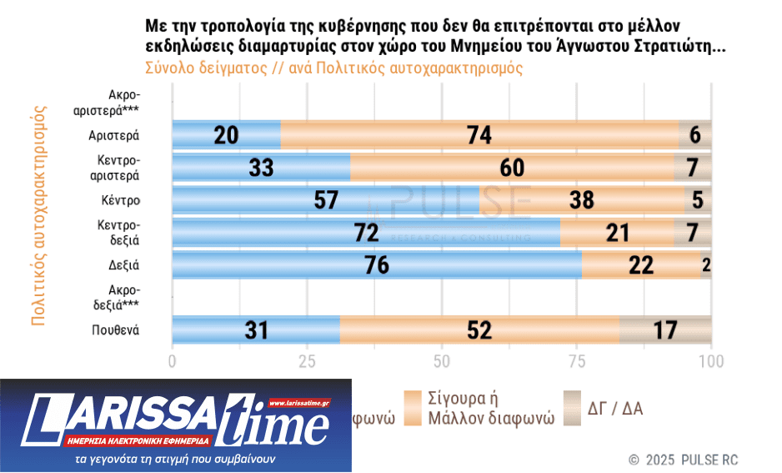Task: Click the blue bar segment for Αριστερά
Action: (x=226, y=135)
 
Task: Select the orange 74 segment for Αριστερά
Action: (x=479, y=135)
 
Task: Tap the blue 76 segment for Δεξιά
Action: (x=376, y=265)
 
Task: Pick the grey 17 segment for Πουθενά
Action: (x=665, y=330)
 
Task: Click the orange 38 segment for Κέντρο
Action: (x=582, y=200)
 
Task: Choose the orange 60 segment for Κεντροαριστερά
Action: (x=512, y=168)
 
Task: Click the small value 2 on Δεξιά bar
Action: (x=705, y=265)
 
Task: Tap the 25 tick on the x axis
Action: (x=307, y=361)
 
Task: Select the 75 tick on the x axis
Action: (x=576, y=361)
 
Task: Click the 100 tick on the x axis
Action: (x=710, y=361)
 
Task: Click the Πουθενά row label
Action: (x=115, y=330)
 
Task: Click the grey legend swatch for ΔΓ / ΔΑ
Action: (x=572, y=407)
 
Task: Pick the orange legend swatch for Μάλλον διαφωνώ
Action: (x=413, y=407)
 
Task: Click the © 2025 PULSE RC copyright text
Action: (x=683, y=460)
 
